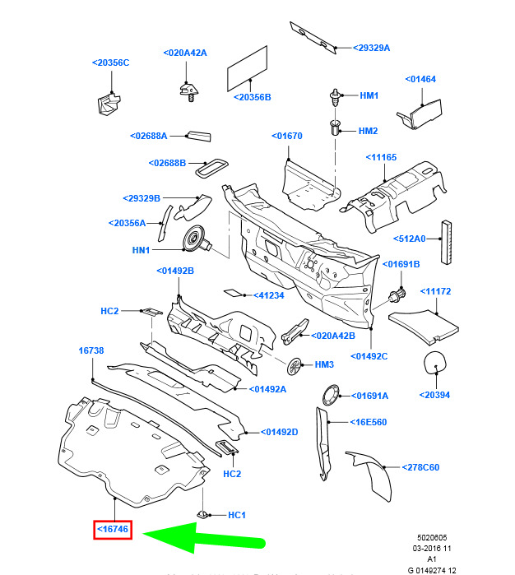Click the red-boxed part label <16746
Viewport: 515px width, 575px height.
(x=113, y=529)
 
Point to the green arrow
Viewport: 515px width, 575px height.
(x=203, y=538)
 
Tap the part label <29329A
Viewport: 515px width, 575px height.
(x=371, y=48)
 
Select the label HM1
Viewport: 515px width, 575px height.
(x=369, y=95)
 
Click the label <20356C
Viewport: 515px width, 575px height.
(x=110, y=63)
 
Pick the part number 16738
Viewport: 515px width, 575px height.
(x=91, y=350)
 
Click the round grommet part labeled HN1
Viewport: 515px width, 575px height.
(x=197, y=239)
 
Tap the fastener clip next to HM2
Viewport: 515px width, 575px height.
(x=336, y=128)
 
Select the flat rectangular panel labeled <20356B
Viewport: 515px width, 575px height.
(x=248, y=68)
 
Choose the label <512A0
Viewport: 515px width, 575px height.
(x=410, y=239)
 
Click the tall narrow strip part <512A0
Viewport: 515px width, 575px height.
(x=446, y=242)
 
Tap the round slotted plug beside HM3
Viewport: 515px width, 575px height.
(x=295, y=367)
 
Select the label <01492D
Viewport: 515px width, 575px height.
(x=279, y=432)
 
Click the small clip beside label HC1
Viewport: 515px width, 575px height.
(x=203, y=514)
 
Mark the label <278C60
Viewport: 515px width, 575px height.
(x=420, y=467)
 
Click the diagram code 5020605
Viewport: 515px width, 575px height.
(x=432, y=538)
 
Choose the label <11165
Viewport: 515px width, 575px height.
(x=381, y=157)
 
